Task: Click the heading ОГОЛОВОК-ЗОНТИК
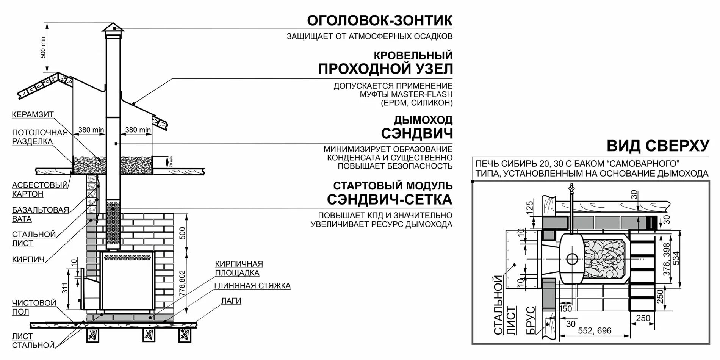pos(379,20)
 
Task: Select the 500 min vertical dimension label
pos(43,47)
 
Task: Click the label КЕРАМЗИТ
pos(33,114)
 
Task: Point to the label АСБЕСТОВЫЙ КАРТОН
pos(39,189)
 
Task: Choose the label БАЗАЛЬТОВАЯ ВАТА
pos(40,214)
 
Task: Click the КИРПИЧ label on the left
pos(28,260)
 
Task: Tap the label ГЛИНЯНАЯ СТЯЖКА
pos(252,286)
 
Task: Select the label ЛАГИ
pos(231,301)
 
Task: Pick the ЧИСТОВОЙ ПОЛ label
pos(34,307)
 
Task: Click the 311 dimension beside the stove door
pos(65,288)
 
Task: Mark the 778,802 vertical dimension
pos(182,283)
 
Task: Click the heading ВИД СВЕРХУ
pos(658,146)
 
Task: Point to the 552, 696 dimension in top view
pos(595,331)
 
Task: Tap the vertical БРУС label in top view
pos(531,321)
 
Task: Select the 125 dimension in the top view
pos(530,207)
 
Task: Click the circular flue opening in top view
pos(572,259)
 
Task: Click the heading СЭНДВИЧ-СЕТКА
pos(390,199)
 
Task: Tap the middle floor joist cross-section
pos(149,334)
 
